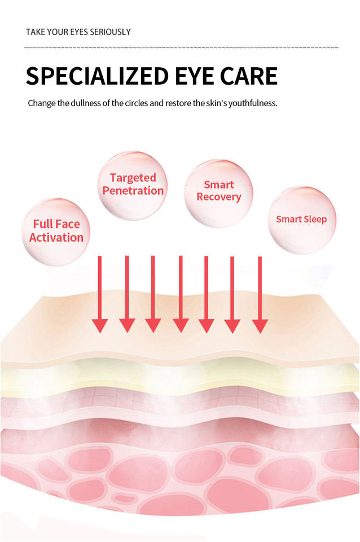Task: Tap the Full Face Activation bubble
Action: point(56,231)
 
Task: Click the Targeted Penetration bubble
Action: point(133,185)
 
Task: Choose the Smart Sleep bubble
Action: point(301,220)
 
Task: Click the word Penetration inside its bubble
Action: point(133,191)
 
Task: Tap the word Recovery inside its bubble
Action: point(219,197)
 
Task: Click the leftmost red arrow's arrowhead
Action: point(100,325)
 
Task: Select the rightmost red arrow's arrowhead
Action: point(260,325)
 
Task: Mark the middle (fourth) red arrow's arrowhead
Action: point(181,325)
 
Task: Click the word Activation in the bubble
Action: point(56,238)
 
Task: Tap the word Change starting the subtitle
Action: point(41,104)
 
